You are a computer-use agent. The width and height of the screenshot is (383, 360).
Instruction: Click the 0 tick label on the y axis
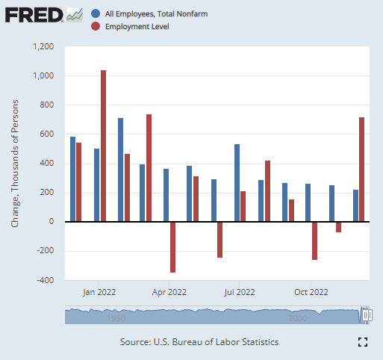click(52, 222)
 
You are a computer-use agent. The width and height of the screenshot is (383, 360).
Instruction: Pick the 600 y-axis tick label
click(48, 134)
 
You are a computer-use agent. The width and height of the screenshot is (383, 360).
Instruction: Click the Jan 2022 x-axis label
click(99, 292)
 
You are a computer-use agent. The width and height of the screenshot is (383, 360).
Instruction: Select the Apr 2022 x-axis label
click(170, 292)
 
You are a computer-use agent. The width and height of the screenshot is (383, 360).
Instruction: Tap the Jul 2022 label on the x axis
click(240, 292)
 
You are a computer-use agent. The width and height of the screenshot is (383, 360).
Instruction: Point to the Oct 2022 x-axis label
click(311, 292)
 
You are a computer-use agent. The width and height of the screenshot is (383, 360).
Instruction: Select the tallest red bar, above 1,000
click(103, 146)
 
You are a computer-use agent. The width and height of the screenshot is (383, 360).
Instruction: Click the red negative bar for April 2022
click(173, 246)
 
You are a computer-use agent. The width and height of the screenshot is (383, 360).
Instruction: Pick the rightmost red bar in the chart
click(362, 170)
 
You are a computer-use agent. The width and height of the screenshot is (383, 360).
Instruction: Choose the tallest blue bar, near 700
click(120, 170)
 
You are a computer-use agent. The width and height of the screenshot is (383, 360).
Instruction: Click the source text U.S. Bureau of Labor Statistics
click(199, 341)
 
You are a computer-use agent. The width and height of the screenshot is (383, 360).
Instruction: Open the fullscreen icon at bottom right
click(363, 342)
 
